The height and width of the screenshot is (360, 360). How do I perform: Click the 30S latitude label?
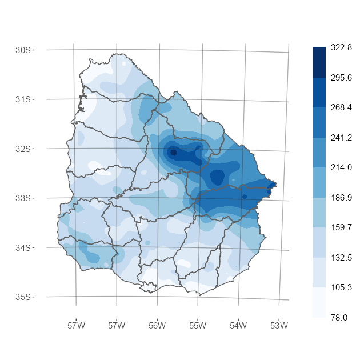tap(23, 50)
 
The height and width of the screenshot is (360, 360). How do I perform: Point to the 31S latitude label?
tap(23, 99)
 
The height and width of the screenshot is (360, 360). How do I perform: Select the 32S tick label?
tap(23, 149)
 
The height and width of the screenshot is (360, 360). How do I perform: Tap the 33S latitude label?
tap(23, 198)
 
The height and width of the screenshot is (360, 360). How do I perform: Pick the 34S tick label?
tap(23, 247)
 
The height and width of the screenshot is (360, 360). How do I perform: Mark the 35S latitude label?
tap(23, 297)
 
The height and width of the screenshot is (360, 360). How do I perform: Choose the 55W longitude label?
tap(198, 326)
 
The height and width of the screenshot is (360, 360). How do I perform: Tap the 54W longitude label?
tap(238, 326)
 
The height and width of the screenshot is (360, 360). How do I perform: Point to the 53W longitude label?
tap(279, 326)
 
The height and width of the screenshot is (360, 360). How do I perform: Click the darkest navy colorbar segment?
tap(319, 62)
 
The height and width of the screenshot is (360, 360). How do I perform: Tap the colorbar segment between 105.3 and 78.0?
tap(319, 302)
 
